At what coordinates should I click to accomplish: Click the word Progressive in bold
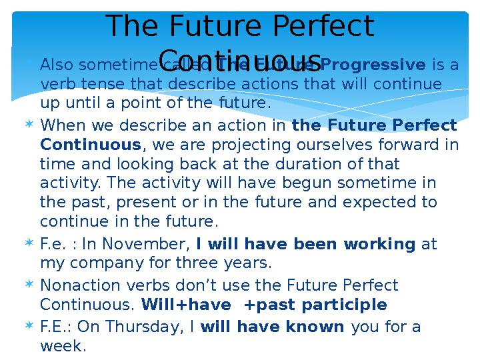point(373,65)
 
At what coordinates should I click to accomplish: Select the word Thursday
point(141,327)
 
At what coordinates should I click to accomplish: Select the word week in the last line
point(63,347)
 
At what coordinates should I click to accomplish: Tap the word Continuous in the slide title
point(240,57)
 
